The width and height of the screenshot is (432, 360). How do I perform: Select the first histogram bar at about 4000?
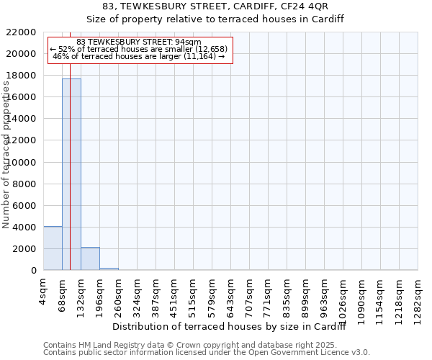[x=53, y=248]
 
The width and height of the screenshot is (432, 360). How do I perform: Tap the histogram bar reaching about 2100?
[x=90, y=258]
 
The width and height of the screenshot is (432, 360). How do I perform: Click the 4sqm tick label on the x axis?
[x=44, y=293]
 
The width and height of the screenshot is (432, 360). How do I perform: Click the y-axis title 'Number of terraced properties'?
[x=6, y=155]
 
